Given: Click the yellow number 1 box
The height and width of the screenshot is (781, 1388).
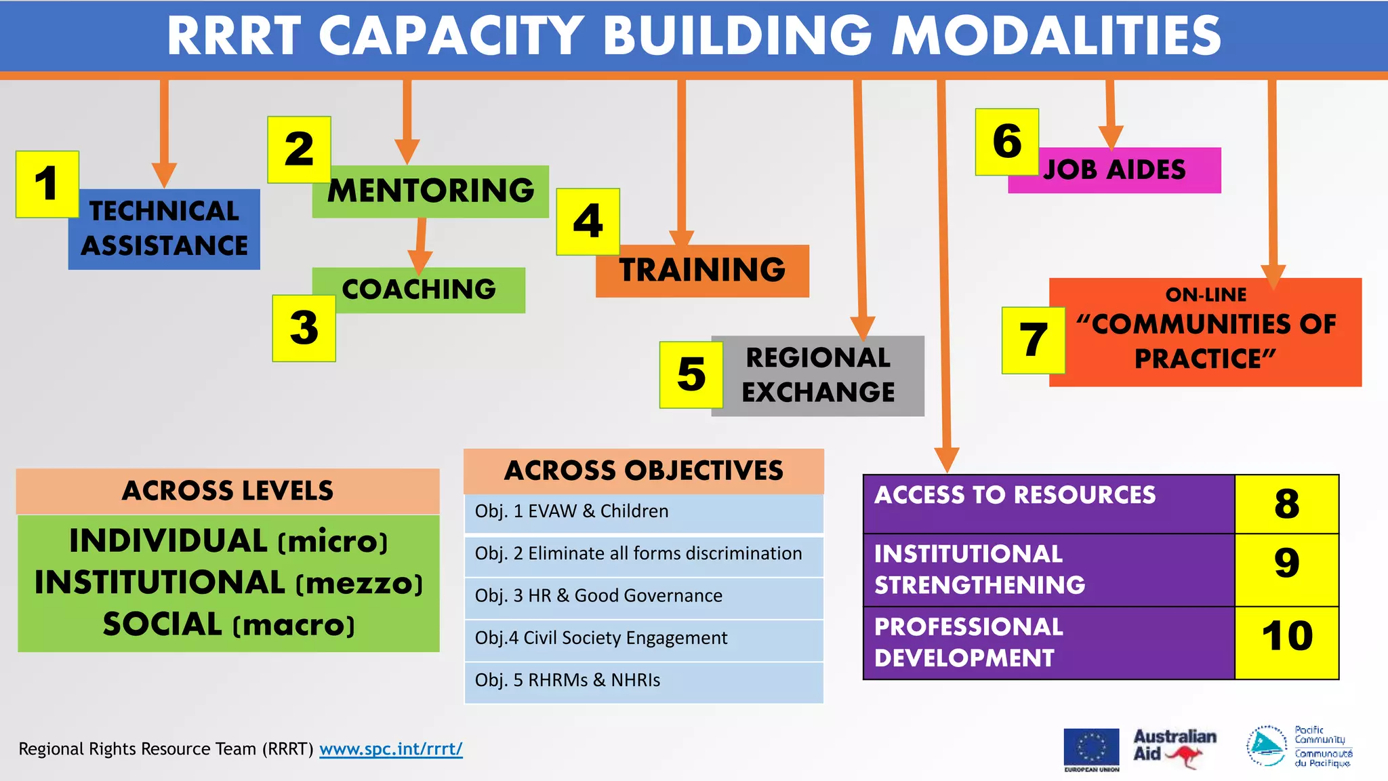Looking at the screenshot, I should [47, 184].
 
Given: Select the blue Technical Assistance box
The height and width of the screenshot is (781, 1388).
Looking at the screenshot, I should [165, 229].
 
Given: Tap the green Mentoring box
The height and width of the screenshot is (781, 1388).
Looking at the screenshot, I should [431, 191].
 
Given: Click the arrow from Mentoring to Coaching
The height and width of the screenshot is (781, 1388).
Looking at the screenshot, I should [420, 247].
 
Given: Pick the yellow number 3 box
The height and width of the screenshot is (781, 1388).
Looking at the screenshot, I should [304, 329].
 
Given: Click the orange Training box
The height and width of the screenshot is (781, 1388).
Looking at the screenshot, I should [703, 271].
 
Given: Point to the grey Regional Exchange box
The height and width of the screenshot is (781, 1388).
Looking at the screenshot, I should [818, 376].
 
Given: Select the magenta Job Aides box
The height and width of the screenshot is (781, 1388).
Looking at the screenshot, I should [1115, 170].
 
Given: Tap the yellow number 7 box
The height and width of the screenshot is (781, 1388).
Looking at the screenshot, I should [1034, 340].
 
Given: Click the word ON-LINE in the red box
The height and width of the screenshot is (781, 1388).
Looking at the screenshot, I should [1206, 295].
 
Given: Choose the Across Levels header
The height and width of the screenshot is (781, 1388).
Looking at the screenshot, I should [228, 491].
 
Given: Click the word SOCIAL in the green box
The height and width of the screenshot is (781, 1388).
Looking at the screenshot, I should [163, 624].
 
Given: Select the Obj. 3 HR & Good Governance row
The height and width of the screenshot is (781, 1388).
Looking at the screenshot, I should [643, 596].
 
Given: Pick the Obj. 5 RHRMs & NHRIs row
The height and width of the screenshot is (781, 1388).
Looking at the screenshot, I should [643, 681].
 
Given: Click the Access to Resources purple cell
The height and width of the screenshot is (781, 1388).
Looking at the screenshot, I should [1048, 504].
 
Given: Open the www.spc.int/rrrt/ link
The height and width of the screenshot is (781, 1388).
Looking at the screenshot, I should [391, 749].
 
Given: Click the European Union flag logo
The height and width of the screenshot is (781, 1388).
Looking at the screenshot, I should [1091, 748].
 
